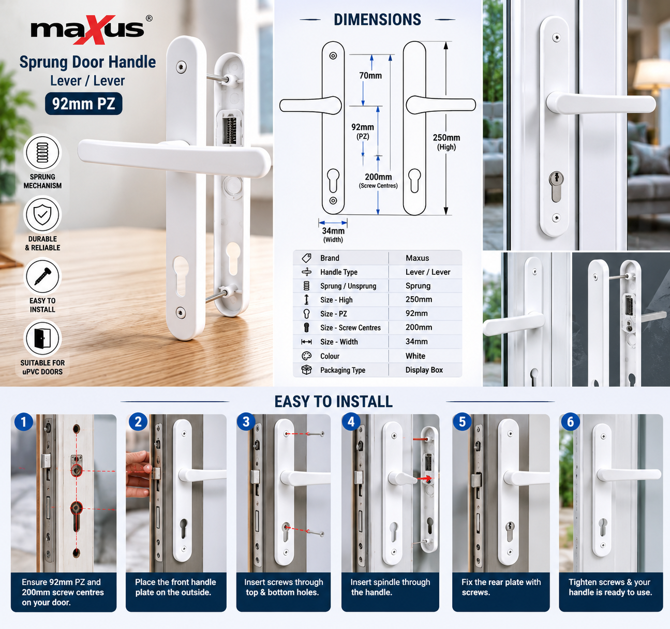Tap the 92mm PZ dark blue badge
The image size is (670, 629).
[x=84, y=104]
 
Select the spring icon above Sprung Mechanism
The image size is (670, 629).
[x=42, y=153]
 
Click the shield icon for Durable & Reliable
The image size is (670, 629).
[x=42, y=215]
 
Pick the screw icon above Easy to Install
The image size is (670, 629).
[x=42, y=276]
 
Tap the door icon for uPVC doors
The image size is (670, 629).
[x=42, y=338]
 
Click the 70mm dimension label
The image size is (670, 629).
[x=370, y=76]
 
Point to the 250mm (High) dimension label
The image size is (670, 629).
[x=446, y=142]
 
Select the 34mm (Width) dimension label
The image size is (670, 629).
[x=333, y=235]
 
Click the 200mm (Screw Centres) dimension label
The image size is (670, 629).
[x=378, y=181]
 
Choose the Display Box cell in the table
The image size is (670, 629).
[x=424, y=370]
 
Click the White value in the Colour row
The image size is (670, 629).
[x=415, y=356]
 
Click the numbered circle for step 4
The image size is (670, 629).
[x=351, y=422]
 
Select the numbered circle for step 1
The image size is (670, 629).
[x=24, y=422]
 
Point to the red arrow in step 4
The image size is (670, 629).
[x=424, y=478]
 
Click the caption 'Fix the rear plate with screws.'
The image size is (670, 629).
[x=501, y=587]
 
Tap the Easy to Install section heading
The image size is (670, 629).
[x=333, y=402]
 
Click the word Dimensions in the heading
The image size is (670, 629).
[x=377, y=20]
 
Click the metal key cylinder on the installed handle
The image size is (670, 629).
[x=556, y=187]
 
